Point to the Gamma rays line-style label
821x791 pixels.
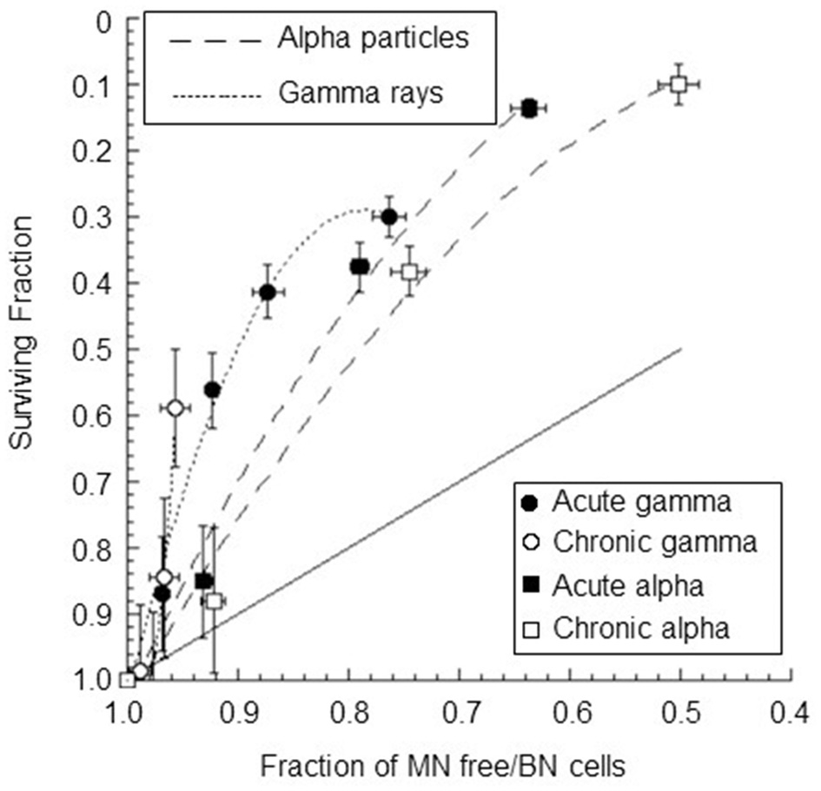361,92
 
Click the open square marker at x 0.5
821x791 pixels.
679,84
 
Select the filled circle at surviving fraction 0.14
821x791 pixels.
528,109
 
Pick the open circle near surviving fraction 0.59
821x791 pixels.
175,408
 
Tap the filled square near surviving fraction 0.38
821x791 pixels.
360,267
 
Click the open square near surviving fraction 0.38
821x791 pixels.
409,272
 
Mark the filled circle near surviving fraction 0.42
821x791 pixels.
268,292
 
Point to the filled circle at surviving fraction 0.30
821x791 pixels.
389,216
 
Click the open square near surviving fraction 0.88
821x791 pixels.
214,601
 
